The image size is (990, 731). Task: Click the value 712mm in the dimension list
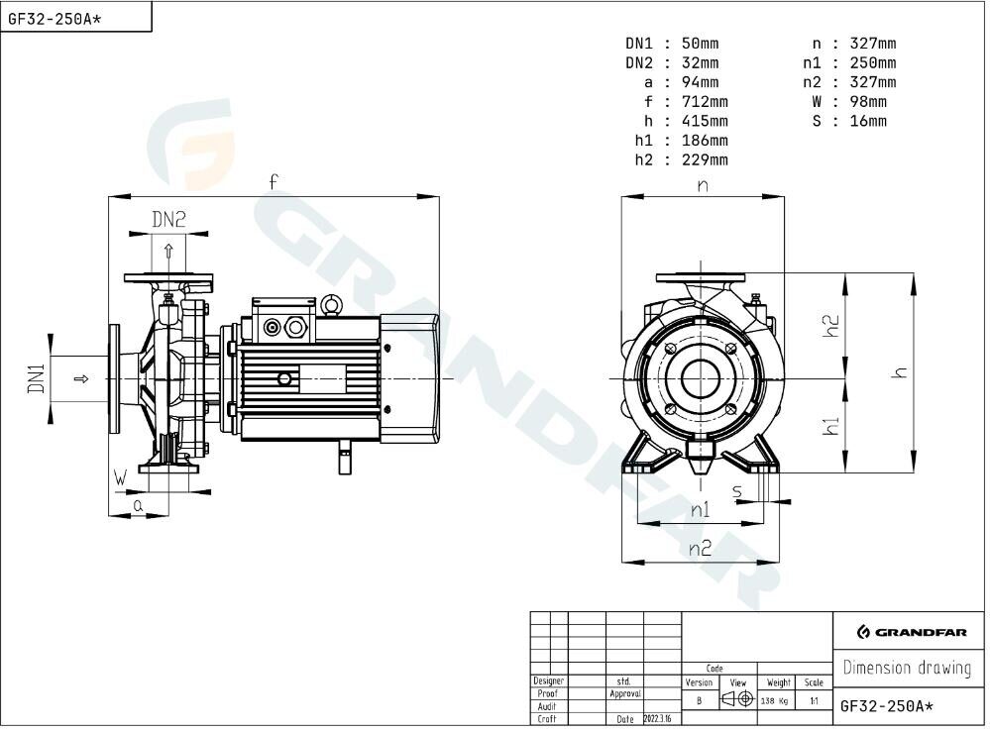coord(705,102)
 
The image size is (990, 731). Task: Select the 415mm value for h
coord(705,121)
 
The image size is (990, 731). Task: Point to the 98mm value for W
coord(868,102)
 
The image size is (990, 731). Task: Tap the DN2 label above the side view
coord(169,220)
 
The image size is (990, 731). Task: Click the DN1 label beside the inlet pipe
coord(37,378)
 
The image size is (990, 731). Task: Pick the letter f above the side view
coord(273,182)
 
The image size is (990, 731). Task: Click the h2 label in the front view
coord(832,326)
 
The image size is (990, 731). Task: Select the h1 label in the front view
coord(831,426)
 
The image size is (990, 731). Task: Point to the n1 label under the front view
coord(701,509)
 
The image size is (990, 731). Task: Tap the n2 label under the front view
coord(701,548)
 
